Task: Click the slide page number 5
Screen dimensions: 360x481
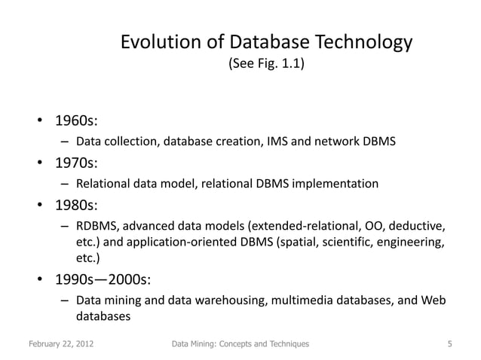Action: (449, 344)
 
